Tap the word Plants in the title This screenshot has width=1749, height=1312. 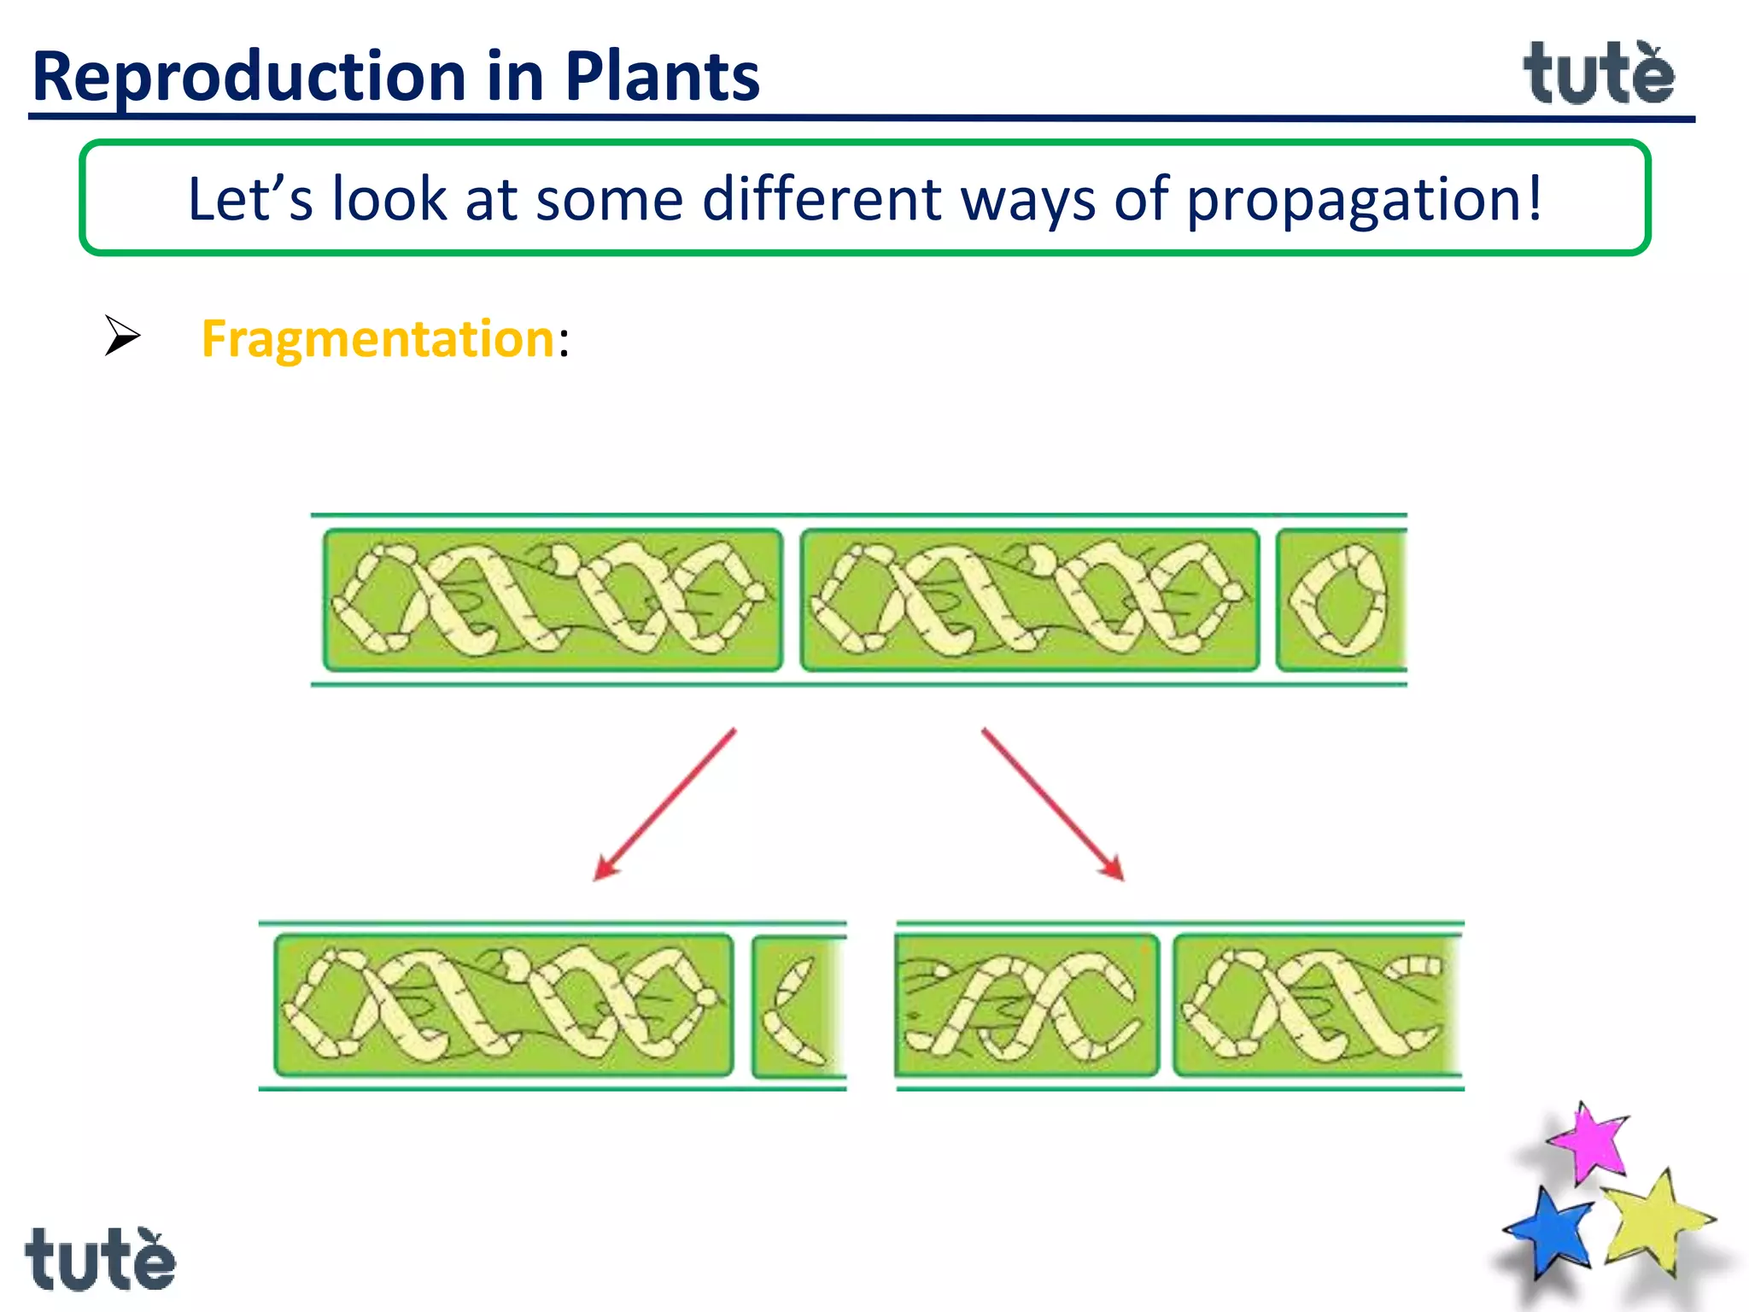(x=662, y=77)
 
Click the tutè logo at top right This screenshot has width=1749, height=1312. (x=1599, y=75)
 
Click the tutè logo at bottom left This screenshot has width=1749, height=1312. (x=100, y=1259)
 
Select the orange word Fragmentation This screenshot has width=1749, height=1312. (x=378, y=339)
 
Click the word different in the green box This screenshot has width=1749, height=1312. (x=822, y=199)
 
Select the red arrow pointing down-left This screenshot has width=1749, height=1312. (x=664, y=804)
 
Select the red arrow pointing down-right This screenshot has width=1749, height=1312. (x=1053, y=804)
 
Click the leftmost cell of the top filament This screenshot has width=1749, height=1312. (x=553, y=600)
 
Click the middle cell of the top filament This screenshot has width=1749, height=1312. (x=1030, y=600)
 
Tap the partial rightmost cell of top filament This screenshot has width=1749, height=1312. (x=1341, y=600)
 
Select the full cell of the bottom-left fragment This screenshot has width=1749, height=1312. (x=504, y=1004)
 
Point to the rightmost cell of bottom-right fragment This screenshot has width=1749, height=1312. (x=1315, y=1004)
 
